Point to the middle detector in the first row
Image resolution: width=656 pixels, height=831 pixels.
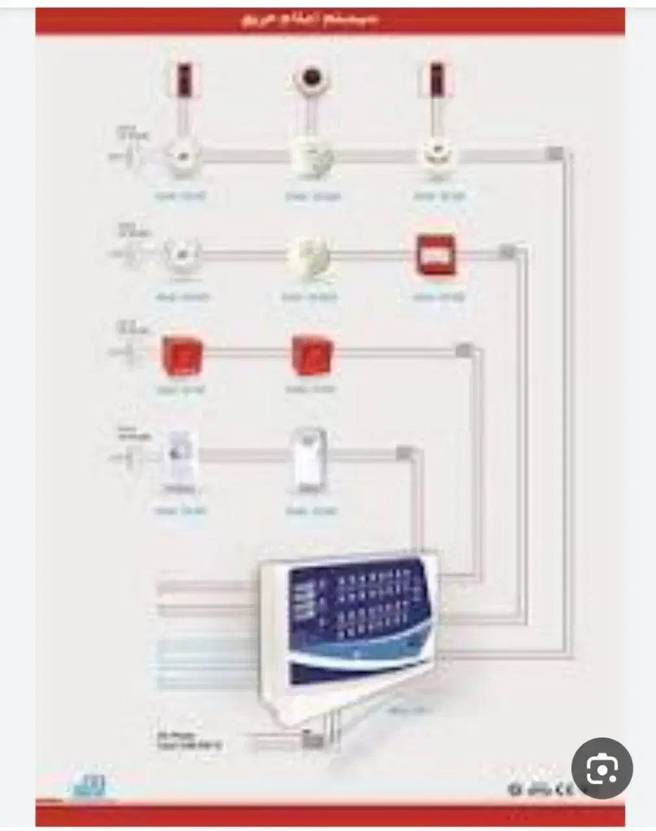click(312, 156)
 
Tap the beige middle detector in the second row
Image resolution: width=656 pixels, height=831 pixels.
click(310, 254)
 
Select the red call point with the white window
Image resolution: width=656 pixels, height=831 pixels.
click(436, 254)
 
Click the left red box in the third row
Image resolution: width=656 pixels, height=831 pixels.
click(182, 353)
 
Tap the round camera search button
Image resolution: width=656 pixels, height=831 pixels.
click(601, 771)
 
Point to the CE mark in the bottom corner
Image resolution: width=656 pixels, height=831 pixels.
click(569, 791)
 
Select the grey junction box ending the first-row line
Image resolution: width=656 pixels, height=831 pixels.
click(555, 154)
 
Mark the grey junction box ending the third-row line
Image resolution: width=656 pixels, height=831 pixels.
click(462, 351)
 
